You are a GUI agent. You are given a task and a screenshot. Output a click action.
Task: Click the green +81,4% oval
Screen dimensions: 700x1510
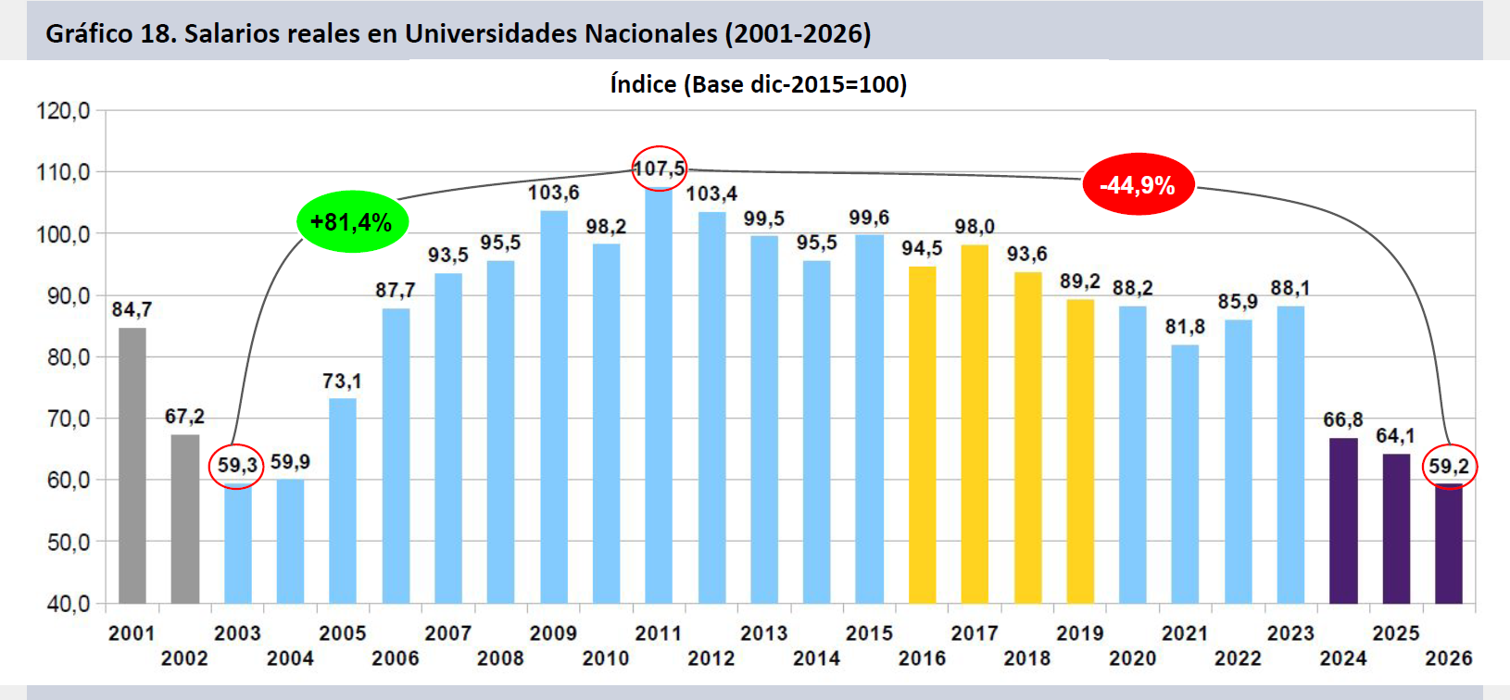click(352, 222)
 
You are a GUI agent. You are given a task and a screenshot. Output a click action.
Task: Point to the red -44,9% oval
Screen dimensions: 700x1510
click(1138, 185)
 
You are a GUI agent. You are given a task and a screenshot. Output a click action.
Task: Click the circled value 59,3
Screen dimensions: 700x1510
click(237, 465)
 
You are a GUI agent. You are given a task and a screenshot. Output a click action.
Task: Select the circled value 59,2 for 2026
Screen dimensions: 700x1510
click(1449, 466)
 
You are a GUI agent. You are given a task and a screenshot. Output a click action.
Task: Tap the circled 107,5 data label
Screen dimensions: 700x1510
click(659, 169)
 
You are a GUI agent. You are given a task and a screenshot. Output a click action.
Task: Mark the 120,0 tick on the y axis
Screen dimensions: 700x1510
click(63, 111)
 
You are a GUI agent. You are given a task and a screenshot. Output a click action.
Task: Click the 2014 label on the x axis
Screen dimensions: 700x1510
click(816, 658)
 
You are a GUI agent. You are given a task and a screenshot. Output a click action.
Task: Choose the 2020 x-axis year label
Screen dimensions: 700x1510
click(1132, 658)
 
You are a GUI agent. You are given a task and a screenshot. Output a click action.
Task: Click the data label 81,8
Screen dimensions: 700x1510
click(1185, 327)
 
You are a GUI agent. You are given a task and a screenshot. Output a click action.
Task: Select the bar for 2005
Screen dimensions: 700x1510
click(343, 500)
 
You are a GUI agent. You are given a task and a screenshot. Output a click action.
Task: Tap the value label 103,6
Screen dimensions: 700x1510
click(554, 193)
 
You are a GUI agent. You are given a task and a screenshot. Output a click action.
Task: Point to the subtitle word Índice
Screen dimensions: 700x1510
click(643, 84)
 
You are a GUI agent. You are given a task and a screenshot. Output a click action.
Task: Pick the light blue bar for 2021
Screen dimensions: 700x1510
click(1185, 473)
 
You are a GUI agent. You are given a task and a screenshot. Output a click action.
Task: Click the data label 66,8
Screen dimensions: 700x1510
click(1342, 419)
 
